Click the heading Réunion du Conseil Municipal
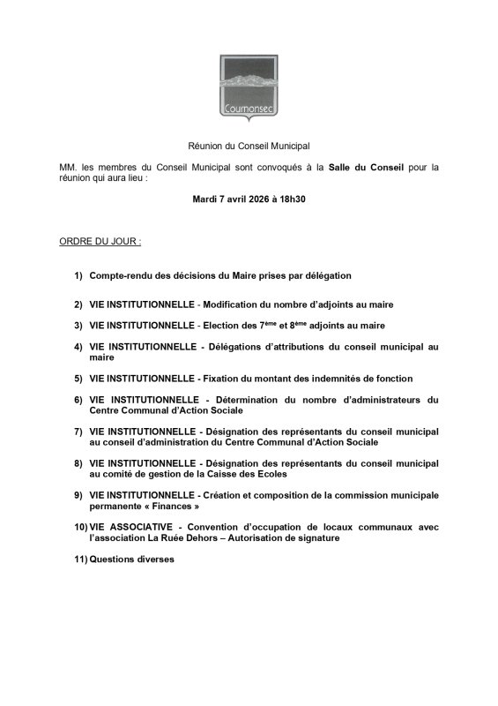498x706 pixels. point(249,145)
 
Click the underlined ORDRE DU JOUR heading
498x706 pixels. point(100,240)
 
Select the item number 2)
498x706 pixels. point(78,304)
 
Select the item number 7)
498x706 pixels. point(78,431)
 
